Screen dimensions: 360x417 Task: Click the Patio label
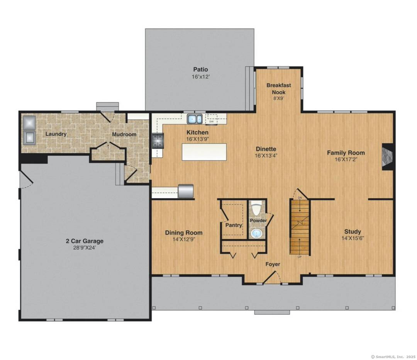click(x=200, y=70)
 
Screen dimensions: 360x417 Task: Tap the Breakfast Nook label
click(x=278, y=88)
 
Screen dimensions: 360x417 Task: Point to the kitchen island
click(x=204, y=152)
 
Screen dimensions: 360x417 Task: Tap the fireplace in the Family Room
click(x=388, y=156)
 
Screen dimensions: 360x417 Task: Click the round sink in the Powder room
click(x=256, y=233)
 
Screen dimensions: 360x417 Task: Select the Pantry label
click(x=234, y=225)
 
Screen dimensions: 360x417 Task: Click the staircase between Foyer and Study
click(x=300, y=227)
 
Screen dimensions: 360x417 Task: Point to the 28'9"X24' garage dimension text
click(x=84, y=248)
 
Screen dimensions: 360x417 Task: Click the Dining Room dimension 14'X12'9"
click(x=184, y=239)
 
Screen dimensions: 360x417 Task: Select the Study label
click(x=353, y=232)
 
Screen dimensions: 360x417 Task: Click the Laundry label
click(x=56, y=134)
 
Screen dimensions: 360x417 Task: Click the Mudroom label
click(x=124, y=134)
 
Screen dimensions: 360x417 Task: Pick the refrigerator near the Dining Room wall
click(x=185, y=191)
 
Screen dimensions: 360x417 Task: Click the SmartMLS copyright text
click(x=393, y=357)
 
